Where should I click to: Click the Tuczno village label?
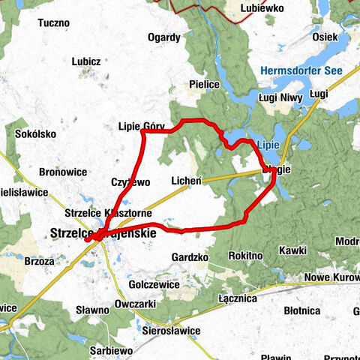pyautogui.click(x=53, y=23)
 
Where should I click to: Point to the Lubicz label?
pyautogui.click(x=88, y=61)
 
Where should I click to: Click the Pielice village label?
pyautogui.click(x=205, y=85)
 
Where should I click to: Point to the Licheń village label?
pyautogui.click(x=186, y=181)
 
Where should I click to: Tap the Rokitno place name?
pyautogui.click(x=245, y=256)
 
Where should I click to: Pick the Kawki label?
pyautogui.click(x=292, y=250)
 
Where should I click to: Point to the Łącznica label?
pyautogui.click(x=238, y=298)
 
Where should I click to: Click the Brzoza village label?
pyautogui.click(x=39, y=262)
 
